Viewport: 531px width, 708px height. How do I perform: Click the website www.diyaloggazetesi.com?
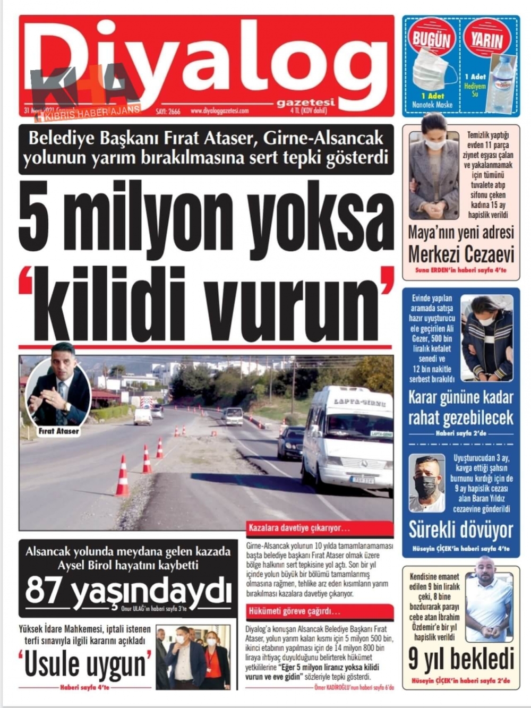219,111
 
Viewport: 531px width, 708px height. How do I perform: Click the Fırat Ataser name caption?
58,431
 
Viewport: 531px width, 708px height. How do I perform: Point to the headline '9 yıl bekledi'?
461,659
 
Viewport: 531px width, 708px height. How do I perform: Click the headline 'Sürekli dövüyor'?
460,530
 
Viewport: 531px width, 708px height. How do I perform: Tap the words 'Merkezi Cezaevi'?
461,254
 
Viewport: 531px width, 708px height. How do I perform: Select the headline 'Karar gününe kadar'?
460,397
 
